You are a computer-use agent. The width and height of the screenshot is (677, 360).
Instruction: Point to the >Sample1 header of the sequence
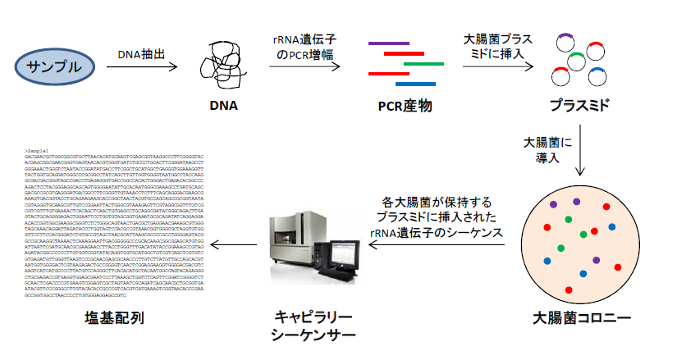(x=38, y=151)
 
